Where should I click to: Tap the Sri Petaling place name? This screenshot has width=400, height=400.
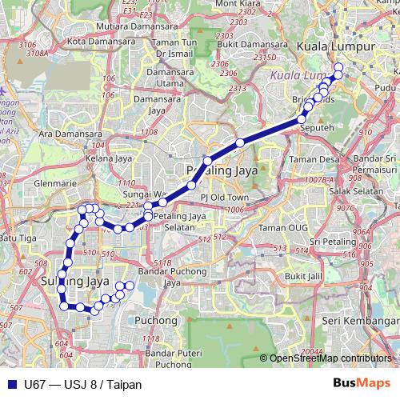pos(338,242)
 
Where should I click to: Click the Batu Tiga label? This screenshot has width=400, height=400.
pos(18,238)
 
